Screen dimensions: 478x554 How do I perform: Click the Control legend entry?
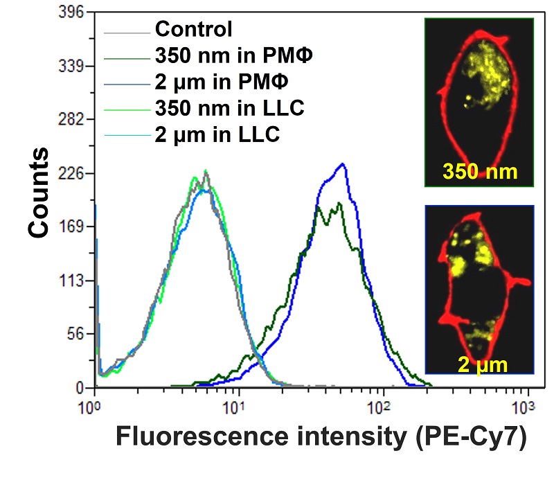(193, 29)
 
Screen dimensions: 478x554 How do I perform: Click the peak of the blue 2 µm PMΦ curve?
(341, 164)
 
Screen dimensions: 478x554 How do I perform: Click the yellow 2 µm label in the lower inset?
(481, 361)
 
